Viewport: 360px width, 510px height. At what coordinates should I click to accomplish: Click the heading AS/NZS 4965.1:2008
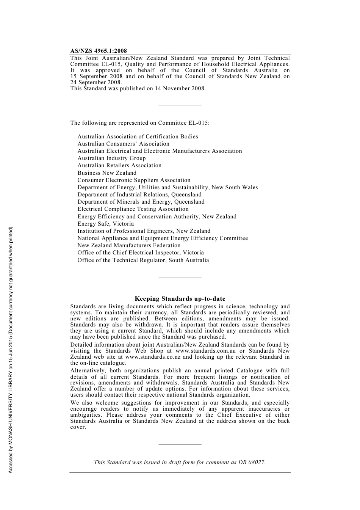click(99, 51)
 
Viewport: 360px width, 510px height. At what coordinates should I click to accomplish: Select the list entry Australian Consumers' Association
click(123, 144)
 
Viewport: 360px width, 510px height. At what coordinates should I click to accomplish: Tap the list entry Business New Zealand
click(107, 173)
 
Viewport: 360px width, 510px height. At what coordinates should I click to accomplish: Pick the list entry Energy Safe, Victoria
click(105, 224)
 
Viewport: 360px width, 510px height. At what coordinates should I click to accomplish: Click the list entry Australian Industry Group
click(111, 158)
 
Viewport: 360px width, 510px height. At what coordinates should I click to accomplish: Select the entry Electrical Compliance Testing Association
click(133, 209)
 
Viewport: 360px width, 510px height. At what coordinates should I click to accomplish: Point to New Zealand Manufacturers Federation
click(129, 245)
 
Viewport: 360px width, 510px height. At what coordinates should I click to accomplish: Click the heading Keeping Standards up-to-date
click(180, 299)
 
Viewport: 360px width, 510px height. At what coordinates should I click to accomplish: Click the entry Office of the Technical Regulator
click(143, 260)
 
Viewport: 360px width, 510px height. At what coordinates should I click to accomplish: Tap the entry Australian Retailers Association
click(119, 165)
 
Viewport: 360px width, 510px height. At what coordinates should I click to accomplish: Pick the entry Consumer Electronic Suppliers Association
click(134, 180)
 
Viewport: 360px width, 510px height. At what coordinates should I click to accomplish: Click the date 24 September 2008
click(95, 82)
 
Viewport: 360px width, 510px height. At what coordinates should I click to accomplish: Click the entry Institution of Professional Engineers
click(144, 231)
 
